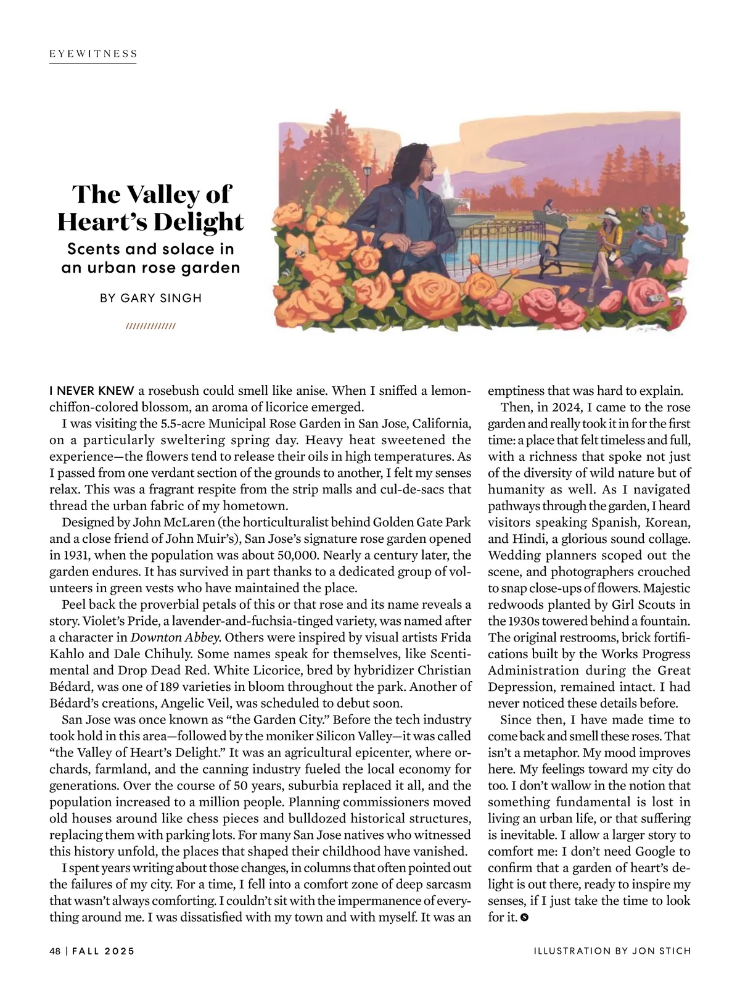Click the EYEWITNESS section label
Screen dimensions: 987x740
93,54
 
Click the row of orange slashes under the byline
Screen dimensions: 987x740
150,326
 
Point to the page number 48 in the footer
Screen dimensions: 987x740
55,951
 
